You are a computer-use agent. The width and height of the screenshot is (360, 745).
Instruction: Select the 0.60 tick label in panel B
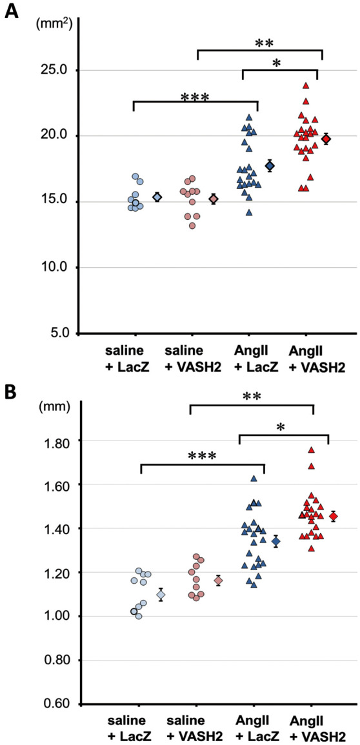[x=58, y=704]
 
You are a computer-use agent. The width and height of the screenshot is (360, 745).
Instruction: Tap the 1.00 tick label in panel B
[x=58, y=617]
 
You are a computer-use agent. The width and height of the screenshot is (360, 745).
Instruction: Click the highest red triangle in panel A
[x=306, y=85]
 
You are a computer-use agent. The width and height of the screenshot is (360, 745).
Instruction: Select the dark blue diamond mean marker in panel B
[x=276, y=541]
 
